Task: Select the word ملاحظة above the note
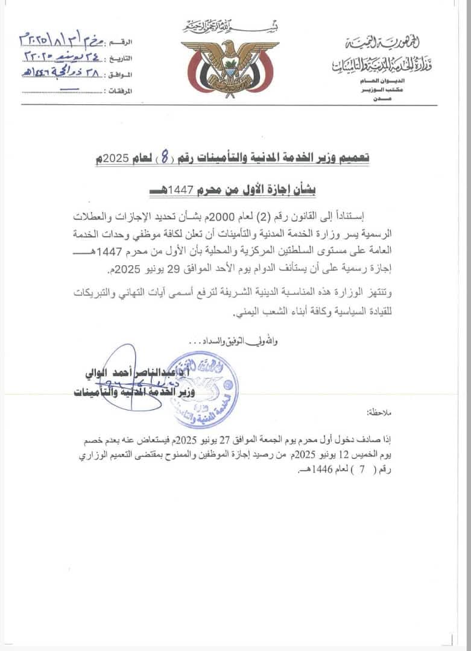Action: pos(379,414)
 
